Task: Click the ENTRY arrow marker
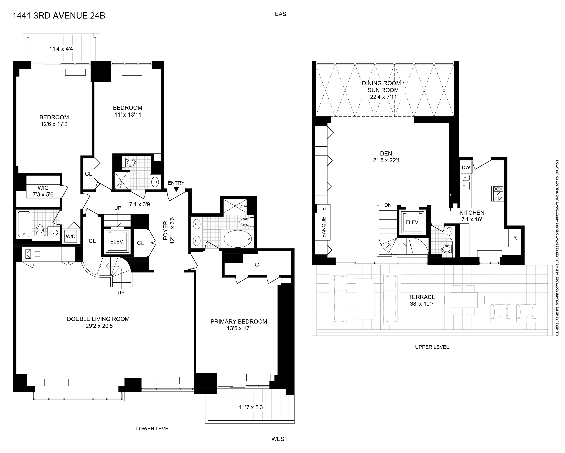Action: click(x=176, y=189)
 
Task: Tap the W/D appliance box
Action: click(x=71, y=236)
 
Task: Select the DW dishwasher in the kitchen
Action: click(x=466, y=167)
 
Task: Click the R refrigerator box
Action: click(x=515, y=238)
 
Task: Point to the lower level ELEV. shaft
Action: click(x=117, y=241)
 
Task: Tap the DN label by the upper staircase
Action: click(x=388, y=205)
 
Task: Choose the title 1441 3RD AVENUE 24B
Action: click(x=59, y=16)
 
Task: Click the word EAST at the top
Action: click(x=282, y=14)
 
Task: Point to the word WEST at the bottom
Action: click(x=279, y=439)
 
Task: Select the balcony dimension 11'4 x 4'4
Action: click(x=61, y=49)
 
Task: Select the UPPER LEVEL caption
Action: click(x=432, y=347)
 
